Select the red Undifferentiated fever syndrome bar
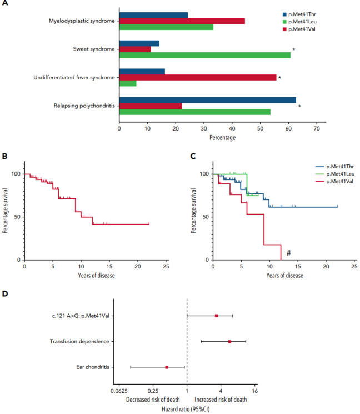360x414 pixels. tap(198, 77)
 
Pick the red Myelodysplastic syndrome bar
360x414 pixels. tap(182, 21)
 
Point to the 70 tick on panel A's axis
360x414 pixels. tap(316, 128)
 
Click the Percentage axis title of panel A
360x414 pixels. tap(222, 137)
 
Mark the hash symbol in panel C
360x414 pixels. tap(289, 253)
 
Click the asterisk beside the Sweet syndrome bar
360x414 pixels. tap(293, 50)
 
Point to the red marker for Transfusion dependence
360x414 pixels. tap(229, 341)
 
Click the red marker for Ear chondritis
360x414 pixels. tap(167, 367)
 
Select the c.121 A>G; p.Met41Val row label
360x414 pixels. tap(78, 316)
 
